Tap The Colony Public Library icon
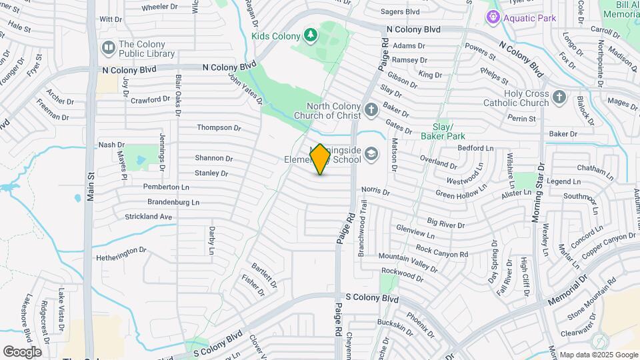tap(108, 48)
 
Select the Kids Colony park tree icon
tap(309, 34)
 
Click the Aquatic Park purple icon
tap(493, 17)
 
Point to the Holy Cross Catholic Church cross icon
tap(559, 98)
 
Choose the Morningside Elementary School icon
tap(371, 155)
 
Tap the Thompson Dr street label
tap(219, 127)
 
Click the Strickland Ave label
tap(149, 217)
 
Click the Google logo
tap(22, 352)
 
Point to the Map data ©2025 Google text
tap(598, 355)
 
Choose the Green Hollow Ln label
tap(461, 193)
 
